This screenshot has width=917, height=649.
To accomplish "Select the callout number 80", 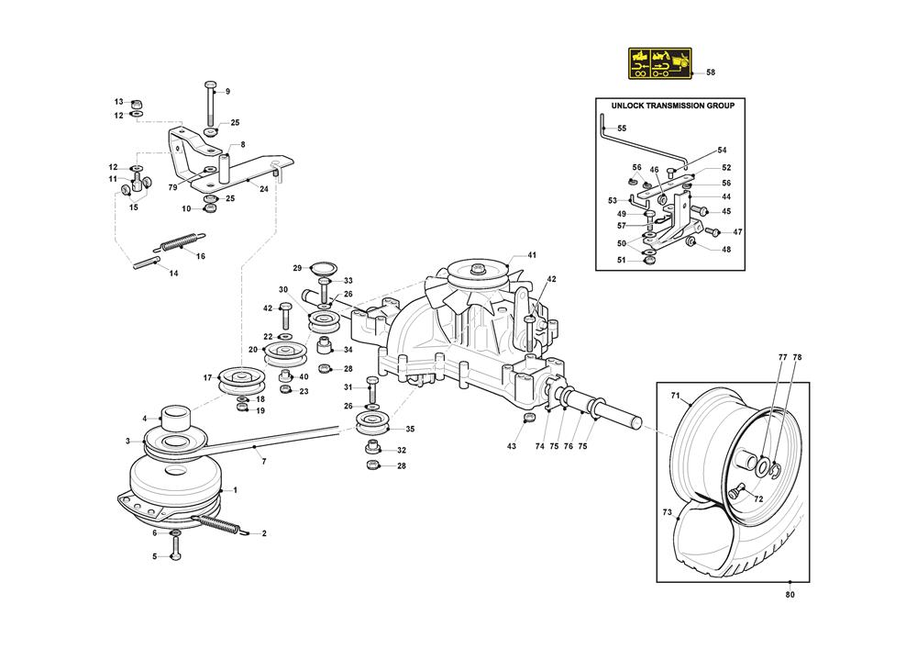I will coord(791,595).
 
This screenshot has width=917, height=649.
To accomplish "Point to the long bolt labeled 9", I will coord(210,106).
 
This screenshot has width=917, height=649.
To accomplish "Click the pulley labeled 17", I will coord(241,378).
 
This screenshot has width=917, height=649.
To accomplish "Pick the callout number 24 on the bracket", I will coord(264,189).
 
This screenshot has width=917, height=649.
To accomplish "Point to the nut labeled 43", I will coord(528,420).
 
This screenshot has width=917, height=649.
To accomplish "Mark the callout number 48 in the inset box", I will coord(726,249).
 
